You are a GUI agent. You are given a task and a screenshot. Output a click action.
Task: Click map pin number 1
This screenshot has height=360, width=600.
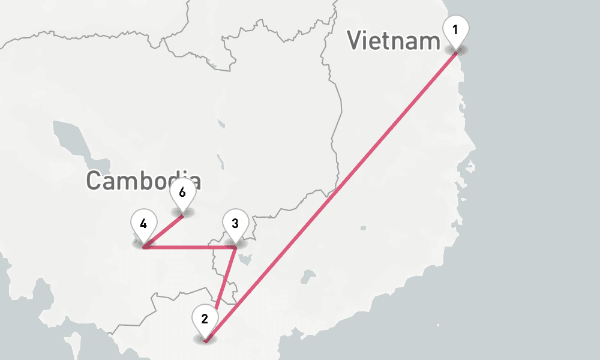[455, 30]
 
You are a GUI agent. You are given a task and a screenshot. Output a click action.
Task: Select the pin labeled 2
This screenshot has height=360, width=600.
[205, 319]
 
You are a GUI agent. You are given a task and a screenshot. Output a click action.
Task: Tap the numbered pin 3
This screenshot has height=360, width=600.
[235, 224]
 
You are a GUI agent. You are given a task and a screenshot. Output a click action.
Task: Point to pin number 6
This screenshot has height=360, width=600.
[182, 193]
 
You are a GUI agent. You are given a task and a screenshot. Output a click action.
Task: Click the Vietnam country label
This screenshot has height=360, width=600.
[394, 41]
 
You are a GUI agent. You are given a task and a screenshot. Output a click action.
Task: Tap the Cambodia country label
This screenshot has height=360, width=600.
[143, 181]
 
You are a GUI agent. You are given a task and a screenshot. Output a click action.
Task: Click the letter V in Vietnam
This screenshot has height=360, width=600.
[355, 41]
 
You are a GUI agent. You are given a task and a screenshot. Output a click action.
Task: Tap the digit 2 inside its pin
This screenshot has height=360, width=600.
[205, 319]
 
